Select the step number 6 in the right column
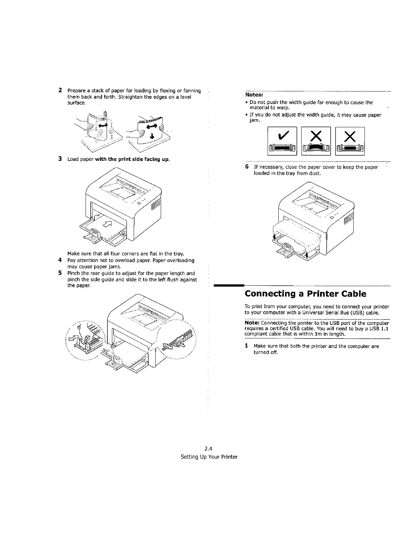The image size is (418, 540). click(x=247, y=167)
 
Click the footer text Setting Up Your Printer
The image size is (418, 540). click(x=209, y=457)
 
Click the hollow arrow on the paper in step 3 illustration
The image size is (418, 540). click(x=108, y=223)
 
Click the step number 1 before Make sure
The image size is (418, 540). click(x=246, y=346)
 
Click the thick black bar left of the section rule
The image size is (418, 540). click(x=228, y=285)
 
